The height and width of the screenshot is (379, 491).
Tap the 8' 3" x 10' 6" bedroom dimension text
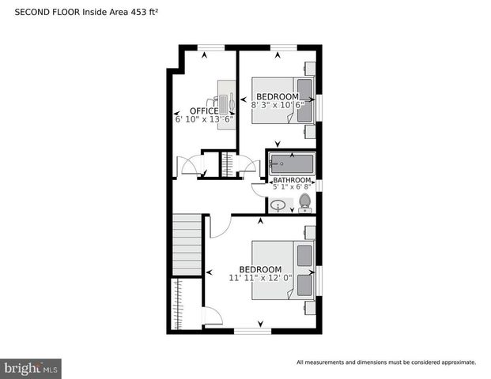277,105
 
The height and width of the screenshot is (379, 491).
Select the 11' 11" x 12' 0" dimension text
261,278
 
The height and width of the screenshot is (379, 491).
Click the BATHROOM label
291,180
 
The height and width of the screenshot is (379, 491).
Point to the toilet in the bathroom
304,205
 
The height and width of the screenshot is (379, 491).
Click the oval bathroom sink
278,206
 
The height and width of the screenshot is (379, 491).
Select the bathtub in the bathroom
291,164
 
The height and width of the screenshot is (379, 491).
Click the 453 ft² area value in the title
144,13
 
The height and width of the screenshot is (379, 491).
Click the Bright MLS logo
31,368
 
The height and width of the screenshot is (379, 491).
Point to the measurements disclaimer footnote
386,362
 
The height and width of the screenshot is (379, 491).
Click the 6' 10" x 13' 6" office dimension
204,120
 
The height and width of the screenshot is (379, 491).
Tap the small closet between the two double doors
228,165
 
